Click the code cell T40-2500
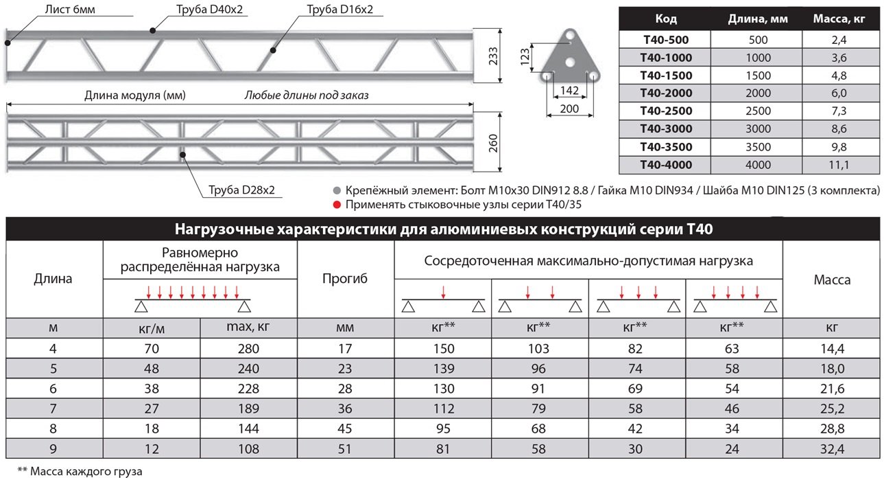(x=665, y=111)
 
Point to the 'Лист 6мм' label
(x=71, y=10)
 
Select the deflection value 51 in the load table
(x=345, y=449)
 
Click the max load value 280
(x=248, y=349)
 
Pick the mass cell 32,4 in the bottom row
(x=832, y=449)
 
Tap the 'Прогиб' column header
(x=345, y=279)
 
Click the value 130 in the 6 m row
(x=443, y=389)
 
